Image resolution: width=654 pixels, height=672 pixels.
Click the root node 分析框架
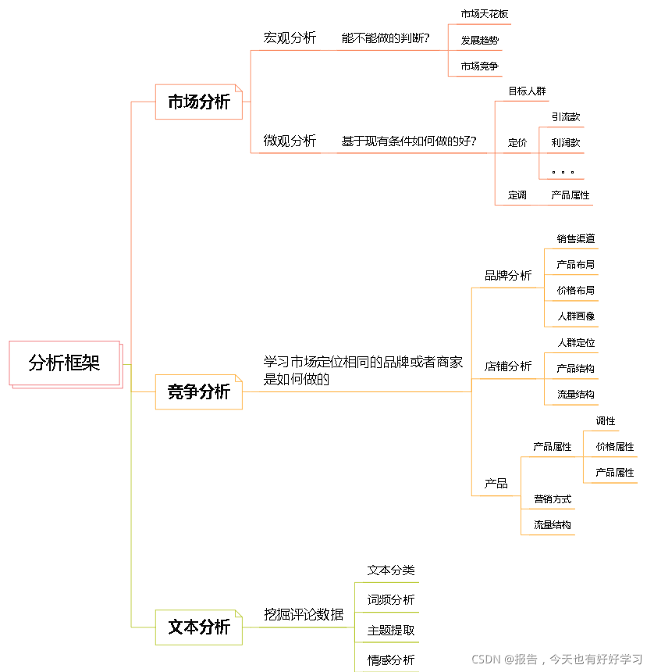pyautogui.click(x=65, y=363)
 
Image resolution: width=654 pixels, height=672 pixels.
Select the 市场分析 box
pyautogui.click(x=199, y=102)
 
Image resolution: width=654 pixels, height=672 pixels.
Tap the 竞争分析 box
pyautogui.click(x=199, y=391)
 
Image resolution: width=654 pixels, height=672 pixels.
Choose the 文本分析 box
pyautogui.click(x=199, y=627)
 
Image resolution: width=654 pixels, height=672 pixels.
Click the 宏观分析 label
pyautogui.click(x=290, y=38)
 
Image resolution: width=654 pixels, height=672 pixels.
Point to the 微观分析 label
pyautogui.click(x=290, y=141)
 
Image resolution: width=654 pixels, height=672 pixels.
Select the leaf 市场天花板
pyautogui.click(x=485, y=14)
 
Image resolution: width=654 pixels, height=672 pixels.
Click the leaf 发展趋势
pyautogui.click(x=480, y=40)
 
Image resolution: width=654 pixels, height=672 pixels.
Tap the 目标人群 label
pyautogui.click(x=527, y=91)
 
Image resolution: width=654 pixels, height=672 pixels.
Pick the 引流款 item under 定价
pyautogui.click(x=566, y=117)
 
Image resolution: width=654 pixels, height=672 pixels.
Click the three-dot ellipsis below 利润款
pyautogui.click(x=562, y=172)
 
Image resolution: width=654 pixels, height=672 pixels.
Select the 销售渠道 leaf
pyautogui.click(x=576, y=238)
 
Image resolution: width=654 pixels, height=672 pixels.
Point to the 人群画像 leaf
pyautogui.click(x=576, y=316)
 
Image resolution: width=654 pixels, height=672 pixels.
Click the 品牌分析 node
pyautogui.click(x=508, y=276)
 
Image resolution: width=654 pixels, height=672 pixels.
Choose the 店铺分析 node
pyautogui.click(x=508, y=366)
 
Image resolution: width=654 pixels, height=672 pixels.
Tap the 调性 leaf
pyautogui.click(x=606, y=421)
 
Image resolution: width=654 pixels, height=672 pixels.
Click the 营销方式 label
pyautogui.click(x=553, y=499)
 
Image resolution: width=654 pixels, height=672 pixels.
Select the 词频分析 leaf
pyautogui.click(x=391, y=600)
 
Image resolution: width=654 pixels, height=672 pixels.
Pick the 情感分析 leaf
pyautogui.click(x=391, y=659)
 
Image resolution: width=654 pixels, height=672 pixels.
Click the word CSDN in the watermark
pyautogui.click(x=485, y=659)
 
